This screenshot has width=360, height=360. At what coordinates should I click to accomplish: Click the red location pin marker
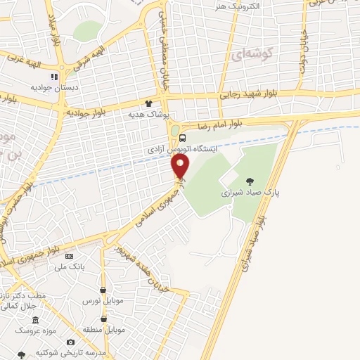click(181, 166)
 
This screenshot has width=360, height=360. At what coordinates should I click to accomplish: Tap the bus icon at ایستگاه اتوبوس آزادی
click(182, 138)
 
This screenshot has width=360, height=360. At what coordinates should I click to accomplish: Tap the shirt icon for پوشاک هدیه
click(148, 103)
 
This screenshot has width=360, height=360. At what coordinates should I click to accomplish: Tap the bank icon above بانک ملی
click(68, 257)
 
